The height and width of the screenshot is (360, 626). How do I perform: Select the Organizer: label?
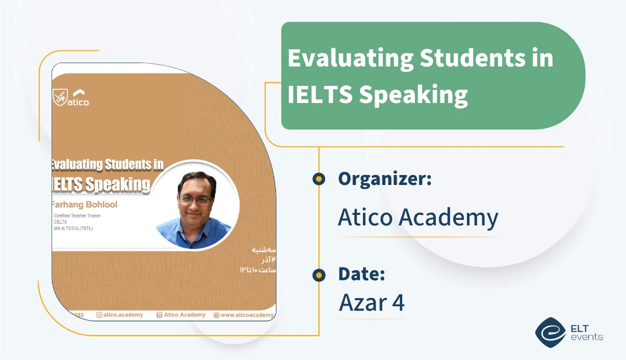tap(384, 179)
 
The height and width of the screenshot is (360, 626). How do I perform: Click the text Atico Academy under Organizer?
tap(418, 218)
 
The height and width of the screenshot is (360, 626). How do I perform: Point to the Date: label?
tap(361, 274)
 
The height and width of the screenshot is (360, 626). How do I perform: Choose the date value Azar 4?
tap(371, 302)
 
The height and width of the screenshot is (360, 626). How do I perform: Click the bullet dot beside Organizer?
tap(319, 179)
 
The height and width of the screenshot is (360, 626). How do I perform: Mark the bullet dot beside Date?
tap(319, 274)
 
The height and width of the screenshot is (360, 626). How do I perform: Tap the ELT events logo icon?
tap(550, 332)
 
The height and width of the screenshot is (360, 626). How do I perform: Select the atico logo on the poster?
tap(71, 97)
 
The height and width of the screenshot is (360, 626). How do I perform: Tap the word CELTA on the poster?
tap(60, 222)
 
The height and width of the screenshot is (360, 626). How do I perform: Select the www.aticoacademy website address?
tap(247, 315)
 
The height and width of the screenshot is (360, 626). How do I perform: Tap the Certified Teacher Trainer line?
tap(79, 215)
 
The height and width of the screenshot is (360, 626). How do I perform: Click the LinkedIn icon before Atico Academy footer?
tap(160, 315)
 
